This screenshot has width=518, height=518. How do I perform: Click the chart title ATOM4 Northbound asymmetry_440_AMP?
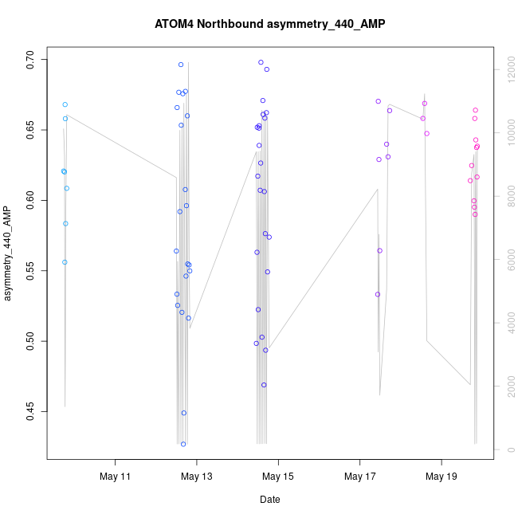point(269,24)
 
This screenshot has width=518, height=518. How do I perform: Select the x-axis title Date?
point(269,500)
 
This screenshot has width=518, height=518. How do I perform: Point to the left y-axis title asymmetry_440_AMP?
point(9,253)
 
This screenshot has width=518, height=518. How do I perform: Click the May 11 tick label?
point(116,477)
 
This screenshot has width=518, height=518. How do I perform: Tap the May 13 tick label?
point(197,477)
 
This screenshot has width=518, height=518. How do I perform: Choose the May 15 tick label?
point(278,477)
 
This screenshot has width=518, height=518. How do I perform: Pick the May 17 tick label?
point(359,477)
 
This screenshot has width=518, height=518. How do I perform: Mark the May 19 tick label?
point(441,477)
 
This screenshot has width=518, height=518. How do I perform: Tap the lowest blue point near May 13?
point(183,444)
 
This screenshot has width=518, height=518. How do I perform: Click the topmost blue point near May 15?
point(261,62)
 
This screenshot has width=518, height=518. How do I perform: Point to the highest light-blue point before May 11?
point(65,104)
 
